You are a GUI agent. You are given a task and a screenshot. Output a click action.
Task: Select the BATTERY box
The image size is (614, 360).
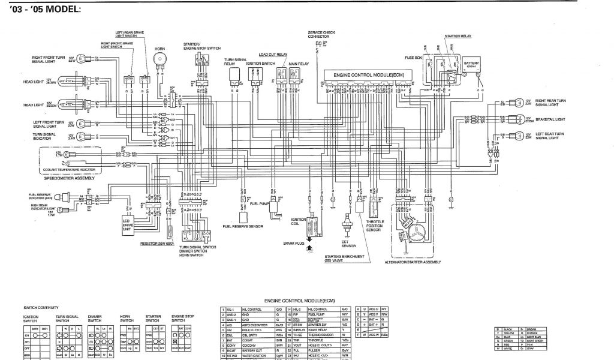pyautogui.click(x=471, y=64)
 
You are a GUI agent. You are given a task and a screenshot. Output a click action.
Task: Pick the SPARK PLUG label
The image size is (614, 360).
pyautogui.click(x=294, y=243)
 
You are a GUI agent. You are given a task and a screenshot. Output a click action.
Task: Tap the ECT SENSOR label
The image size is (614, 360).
pyautogui.click(x=348, y=243)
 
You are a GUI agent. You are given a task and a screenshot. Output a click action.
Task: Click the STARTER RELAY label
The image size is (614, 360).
pyautogui.click(x=458, y=36)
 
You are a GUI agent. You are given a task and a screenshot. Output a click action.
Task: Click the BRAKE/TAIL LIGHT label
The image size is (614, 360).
pyautogui.click(x=550, y=119)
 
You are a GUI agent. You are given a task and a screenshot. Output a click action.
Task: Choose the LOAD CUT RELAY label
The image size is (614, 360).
pyautogui.click(x=272, y=54)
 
